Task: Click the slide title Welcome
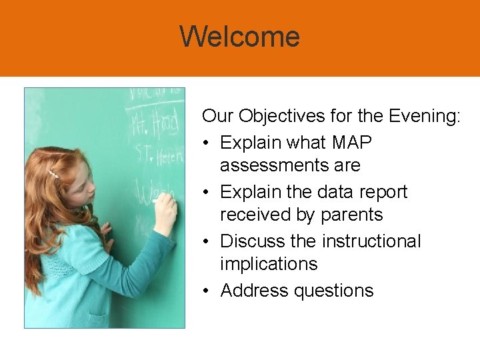pyautogui.click(x=239, y=37)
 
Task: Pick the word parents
pyautogui.click(x=351, y=215)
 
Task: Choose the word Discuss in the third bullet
pyautogui.click(x=252, y=241)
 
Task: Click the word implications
pyautogui.click(x=269, y=264)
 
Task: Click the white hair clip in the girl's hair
pyautogui.click(x=53, y=175)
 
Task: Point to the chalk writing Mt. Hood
pyautogui.click(x=155, y=124)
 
